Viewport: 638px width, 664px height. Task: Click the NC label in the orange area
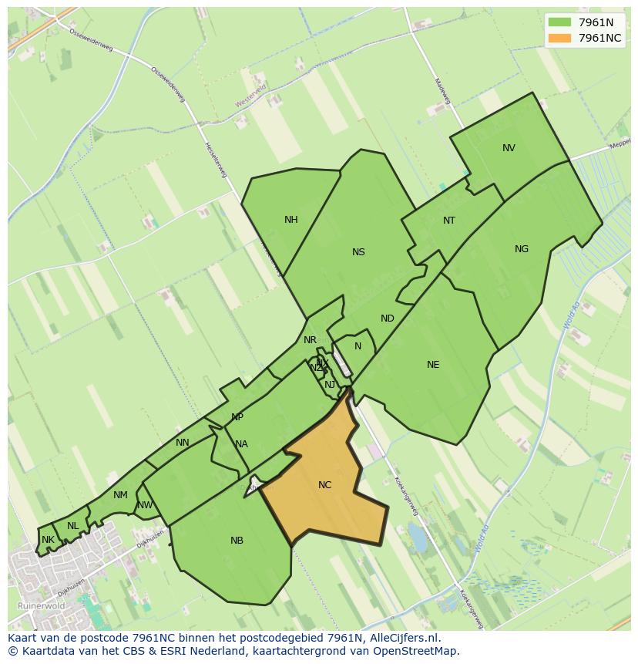pos(324,485)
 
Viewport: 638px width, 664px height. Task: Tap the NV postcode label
pos(509,148)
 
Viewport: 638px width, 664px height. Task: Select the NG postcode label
pos(522,249)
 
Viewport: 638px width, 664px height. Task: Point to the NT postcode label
pos(449,221)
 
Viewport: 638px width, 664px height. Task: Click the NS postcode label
pos(358,252)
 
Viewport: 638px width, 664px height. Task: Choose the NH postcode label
pos(290,220)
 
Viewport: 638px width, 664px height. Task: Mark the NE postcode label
pos(433,365)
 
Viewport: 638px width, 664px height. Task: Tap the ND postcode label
pos(388,319)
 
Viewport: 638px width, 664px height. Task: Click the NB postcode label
pos(237,541)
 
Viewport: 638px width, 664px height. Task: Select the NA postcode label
pos(241,444)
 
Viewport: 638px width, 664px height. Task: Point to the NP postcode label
pos(237,417)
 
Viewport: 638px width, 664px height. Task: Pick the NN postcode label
pos(183,443)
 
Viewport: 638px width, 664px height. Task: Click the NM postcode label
pos(120,495)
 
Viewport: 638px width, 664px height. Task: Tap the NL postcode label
pos(72,526)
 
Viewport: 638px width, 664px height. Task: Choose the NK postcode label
pos(48,540)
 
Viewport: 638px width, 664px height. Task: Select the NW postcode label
pos(145,506)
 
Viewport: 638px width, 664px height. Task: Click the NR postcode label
pos(310,340)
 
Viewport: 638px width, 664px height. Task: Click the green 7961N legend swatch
pos(560,22)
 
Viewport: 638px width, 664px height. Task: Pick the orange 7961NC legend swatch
pos(560,38)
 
